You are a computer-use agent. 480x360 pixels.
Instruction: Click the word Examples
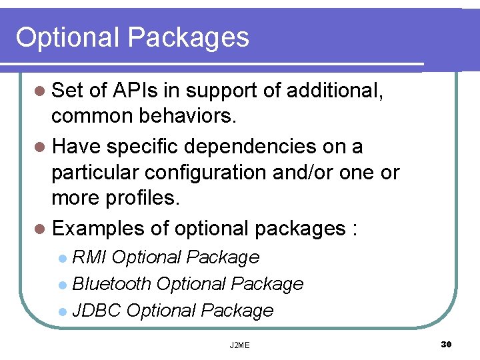point(99,229)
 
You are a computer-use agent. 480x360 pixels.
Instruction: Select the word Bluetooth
point(111,283)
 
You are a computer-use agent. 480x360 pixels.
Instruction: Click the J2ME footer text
point(239,345)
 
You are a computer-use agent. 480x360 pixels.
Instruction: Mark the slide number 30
point(446,344)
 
